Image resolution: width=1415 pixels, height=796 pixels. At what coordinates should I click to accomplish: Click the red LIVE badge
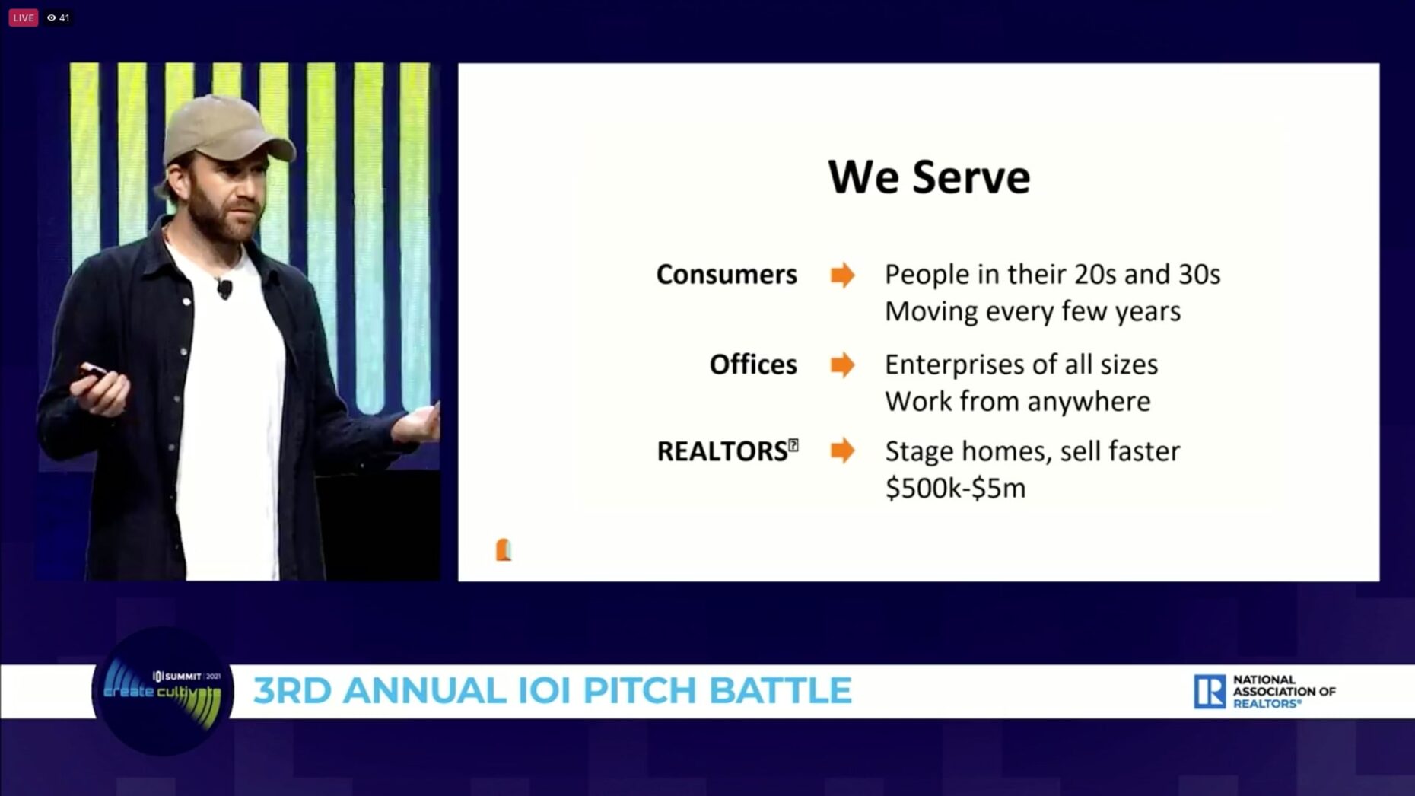click(x=23, y=18)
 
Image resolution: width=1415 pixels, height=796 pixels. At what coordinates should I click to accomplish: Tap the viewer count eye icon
click(x=51, y=18)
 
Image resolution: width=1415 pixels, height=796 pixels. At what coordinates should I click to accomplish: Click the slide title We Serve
click(x=929, y=177)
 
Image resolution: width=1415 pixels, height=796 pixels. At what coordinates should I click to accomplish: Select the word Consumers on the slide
click(x=726, y=275)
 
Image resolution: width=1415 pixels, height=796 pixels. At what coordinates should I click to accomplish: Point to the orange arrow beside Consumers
click(x=842, y=275)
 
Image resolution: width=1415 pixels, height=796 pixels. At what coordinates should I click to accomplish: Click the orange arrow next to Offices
click(x=842, y=365)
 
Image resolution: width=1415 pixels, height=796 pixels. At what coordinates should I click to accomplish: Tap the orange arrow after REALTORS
click(x=842, y=451)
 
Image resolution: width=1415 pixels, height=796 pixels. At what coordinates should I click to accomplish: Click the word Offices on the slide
click(x=752, y=365)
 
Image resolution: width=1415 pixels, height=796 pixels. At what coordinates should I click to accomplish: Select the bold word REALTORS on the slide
click(x=722, y=451)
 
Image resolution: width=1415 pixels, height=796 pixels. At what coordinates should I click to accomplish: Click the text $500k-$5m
click(x=956, y=488)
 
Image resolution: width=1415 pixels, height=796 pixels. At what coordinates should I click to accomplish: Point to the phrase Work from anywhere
click(x=1017, y=401)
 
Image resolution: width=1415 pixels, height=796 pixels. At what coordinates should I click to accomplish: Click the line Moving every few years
click(x=1032, y=311)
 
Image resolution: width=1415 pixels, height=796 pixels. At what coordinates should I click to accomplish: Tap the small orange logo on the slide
click(x=503, y=549)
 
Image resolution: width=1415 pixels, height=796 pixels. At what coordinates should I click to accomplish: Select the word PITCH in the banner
click(x=640, y=691)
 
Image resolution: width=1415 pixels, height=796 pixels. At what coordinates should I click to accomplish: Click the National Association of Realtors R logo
click(x=1209, y=691)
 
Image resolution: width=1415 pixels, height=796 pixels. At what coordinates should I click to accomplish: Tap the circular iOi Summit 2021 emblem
click(x=162, y=691)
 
